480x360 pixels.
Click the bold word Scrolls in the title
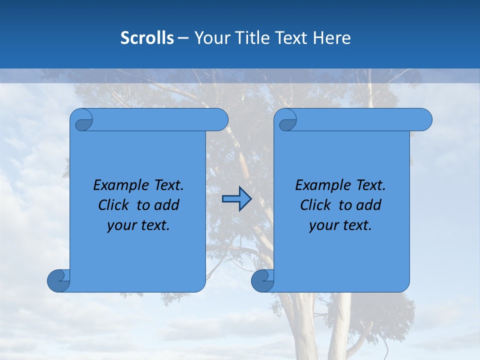147,38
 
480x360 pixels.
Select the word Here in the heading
331,38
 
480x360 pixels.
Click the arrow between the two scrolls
236,199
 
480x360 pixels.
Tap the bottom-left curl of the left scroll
58,280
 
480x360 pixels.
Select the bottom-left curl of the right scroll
262,280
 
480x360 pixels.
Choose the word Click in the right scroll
315,205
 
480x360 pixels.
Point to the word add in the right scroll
369,205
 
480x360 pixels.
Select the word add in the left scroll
167,205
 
